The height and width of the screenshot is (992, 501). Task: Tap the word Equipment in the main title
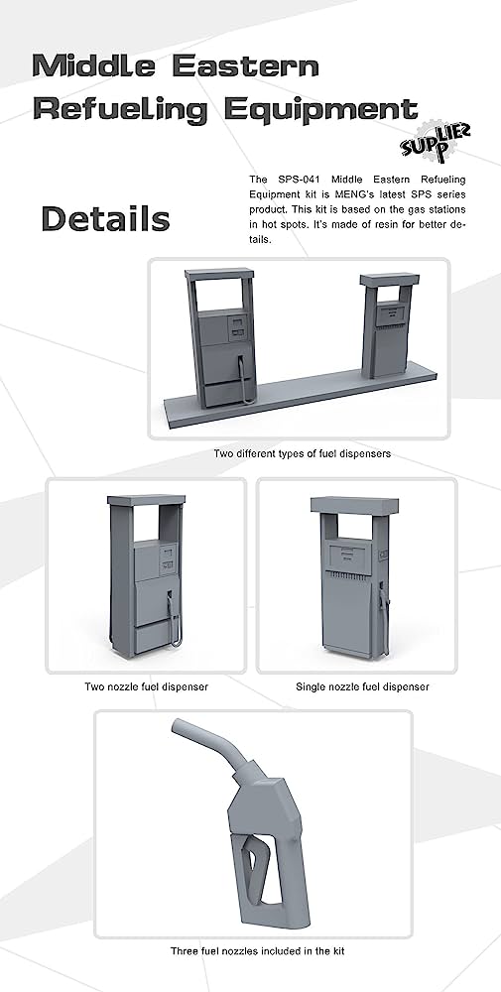click(320, 110)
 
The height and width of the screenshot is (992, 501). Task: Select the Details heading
click(105, 219)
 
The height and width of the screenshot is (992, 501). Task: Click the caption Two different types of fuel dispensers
click(303, 453)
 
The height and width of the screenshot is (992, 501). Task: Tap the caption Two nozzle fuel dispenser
click(146, 686)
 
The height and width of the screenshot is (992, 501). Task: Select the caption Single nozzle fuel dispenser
click(362, 686)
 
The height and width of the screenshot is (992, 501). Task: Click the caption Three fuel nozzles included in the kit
click(258, 951)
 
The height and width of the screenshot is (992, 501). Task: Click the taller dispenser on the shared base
click(221, 337)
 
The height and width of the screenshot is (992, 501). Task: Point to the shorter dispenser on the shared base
click(389, 325)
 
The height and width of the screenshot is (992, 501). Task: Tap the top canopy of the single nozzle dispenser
click(355, 505)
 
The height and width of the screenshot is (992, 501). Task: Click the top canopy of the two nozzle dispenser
click(146, 500)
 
